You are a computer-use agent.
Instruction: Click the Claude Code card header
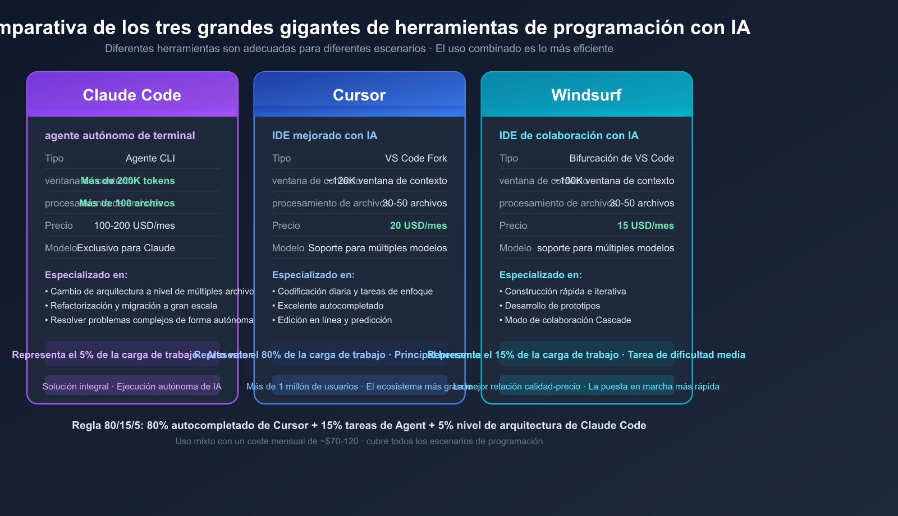[x=132, y=95]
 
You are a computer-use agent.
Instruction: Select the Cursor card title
[x=359, y=95]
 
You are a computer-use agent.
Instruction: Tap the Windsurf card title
[x=587, y=95]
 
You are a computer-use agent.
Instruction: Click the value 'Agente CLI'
[x=150, y=158]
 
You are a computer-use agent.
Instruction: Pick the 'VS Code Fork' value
[x=416, y=158]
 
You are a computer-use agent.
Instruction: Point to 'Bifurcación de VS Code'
[x=622, y=158]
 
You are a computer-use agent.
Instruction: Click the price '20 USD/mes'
[x=418, y=225]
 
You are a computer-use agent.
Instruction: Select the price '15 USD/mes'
[x=645, y=225]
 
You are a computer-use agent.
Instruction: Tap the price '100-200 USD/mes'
[x=135, y=225]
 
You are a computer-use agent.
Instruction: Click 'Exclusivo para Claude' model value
[x=126, y=248]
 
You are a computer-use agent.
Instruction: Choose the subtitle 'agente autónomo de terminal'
[x=120, y=135]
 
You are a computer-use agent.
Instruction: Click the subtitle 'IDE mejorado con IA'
[x=324, y=135]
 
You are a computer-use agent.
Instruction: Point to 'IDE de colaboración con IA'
[x=569, y=135]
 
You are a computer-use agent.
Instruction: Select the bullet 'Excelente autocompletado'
[x=331, y=306]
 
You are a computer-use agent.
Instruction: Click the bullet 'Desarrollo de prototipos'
[x=552, y=306]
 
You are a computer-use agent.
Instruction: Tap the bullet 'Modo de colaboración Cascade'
[x=567, y=320]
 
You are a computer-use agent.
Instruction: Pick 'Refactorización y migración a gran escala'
[x=134, y=306]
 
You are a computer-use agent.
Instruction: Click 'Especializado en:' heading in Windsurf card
[x=540, y=275]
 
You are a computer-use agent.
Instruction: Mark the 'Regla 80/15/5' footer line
[x=359, y=425]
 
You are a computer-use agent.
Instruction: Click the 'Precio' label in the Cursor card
[x=286, y=225]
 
